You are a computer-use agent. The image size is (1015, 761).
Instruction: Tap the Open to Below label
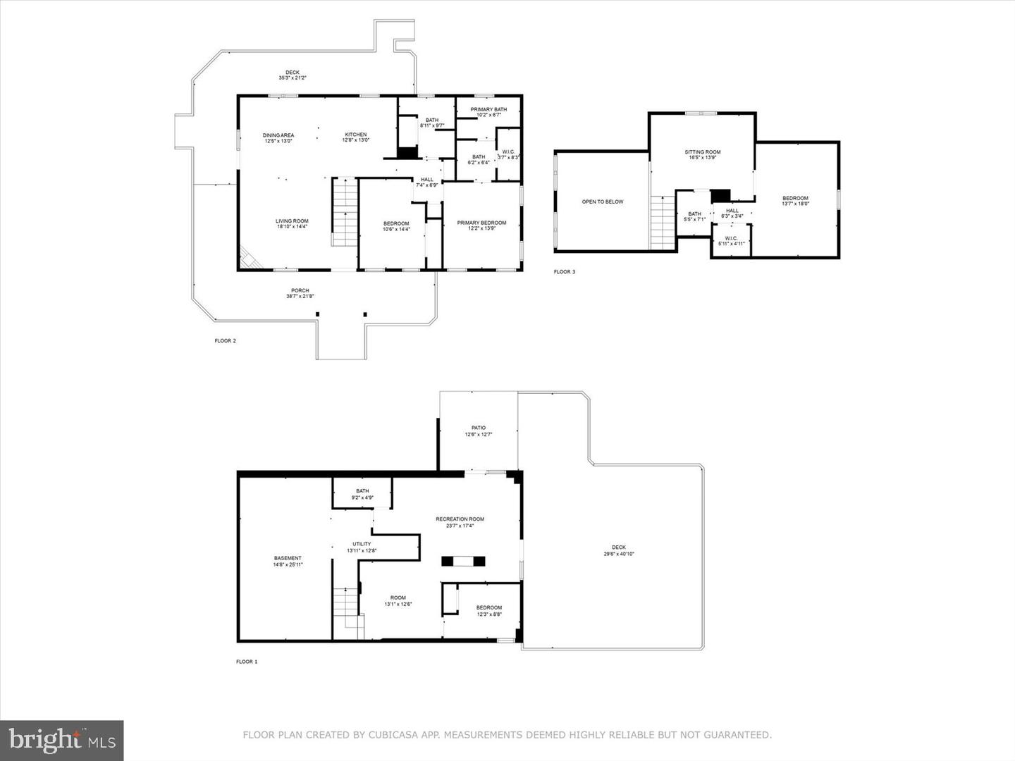click(603, 202)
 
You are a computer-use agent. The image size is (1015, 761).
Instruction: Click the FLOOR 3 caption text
click(565, 272)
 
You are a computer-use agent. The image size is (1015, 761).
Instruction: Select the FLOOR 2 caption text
click(226, 341)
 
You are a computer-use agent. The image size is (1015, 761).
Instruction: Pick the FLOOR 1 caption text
click(247, 662)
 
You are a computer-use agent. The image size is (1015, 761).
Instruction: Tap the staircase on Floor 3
click(663, 223)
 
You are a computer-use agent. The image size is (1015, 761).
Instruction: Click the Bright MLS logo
click(62, 740)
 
